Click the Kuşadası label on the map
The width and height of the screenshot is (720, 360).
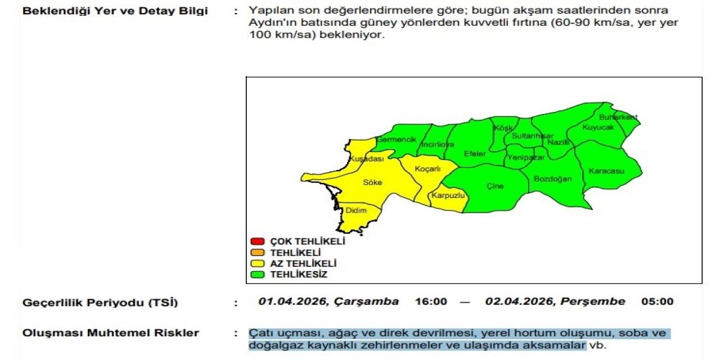[x=366, y=159]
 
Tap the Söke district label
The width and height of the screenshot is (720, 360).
[x=372, y=182]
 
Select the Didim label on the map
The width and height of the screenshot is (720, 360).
[x=355, y=210]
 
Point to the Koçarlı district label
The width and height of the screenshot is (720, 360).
[x=427, y=169]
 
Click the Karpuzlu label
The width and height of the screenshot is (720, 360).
[x=447, y=195]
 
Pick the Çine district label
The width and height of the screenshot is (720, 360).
[x=495, y=186]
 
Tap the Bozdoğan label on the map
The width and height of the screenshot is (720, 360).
[x=552, y=179]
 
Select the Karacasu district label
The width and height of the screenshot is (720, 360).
[x=606, y=171]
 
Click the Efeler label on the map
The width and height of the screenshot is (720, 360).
[x=475, y=154]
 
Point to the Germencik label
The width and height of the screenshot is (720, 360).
[x=396, y=139]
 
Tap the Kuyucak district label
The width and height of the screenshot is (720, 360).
[x=598, y=128]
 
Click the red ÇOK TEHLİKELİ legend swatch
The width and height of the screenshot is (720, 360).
[x=257, y=242]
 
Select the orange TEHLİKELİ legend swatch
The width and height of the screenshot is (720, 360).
[x=257, y=253]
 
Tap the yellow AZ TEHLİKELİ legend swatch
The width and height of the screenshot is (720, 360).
[x=257, y=264]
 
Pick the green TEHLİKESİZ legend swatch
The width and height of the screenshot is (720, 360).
[x=257, y=275]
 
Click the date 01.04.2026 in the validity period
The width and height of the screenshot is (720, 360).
[x=292, y=301]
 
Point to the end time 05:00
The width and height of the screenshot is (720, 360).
[x=657, y=301]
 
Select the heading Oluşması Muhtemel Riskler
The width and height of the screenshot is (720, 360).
[x=111, y=333]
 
